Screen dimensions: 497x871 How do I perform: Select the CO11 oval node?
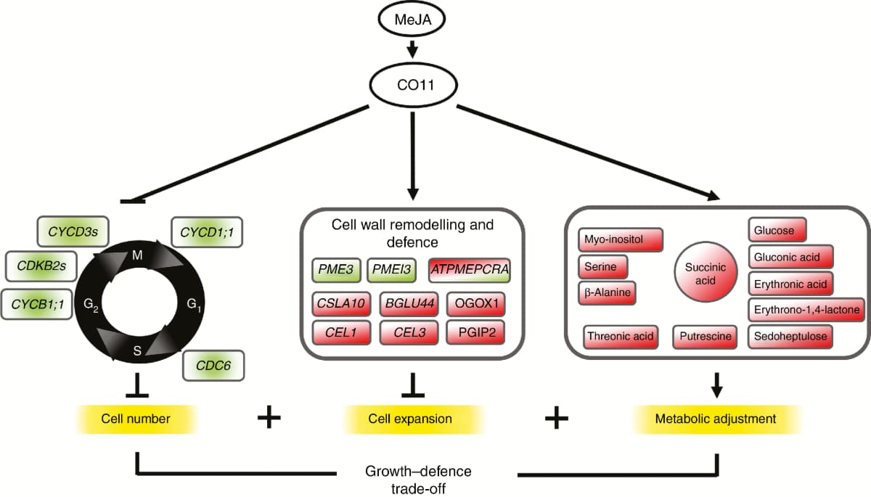coord(413,85)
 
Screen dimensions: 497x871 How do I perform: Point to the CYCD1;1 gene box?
coord(206,232)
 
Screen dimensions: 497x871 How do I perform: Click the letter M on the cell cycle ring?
coord(137,255)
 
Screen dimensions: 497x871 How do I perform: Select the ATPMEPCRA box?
coord(470,270)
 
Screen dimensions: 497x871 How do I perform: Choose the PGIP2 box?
coord(477,332)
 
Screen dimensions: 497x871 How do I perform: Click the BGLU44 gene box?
coord(410,301)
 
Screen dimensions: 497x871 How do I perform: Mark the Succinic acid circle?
coord(700,273)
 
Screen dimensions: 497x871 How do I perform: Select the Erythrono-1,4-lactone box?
coord(805,310)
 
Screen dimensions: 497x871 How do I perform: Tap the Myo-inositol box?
coord(621,240)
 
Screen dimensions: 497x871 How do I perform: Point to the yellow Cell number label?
coord(136,419)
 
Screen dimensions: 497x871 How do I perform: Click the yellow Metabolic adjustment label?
coord(716,419)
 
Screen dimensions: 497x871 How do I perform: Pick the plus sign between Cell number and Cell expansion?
coord(269,419)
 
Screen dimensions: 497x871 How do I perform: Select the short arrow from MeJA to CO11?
coord(413,50)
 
